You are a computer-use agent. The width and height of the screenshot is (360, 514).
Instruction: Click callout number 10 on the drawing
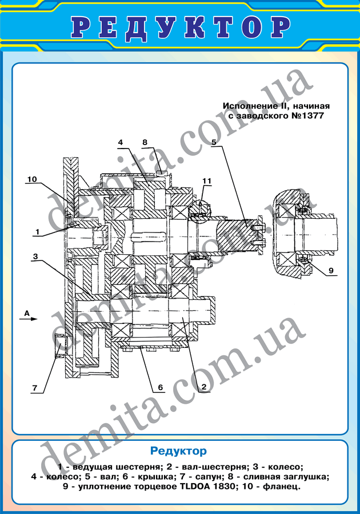point(32,179)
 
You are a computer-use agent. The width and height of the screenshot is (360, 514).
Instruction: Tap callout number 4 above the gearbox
point(121,142)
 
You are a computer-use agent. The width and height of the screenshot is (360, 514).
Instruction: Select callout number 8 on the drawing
point(145,142)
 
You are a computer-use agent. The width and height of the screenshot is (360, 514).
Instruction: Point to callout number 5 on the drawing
point(214,142)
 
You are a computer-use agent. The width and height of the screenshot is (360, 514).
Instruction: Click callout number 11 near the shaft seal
point(207,181)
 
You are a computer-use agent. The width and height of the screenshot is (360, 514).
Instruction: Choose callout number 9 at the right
point(331,270)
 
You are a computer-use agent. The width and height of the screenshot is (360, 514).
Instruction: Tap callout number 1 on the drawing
point(37,232)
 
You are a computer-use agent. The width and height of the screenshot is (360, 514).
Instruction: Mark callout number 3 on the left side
point(36,256)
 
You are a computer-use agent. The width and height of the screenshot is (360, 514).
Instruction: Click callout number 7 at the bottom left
point(35,388)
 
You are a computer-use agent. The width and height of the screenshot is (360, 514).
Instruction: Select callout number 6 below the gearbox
point(161,387)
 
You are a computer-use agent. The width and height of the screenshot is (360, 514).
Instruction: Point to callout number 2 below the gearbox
point(203,387)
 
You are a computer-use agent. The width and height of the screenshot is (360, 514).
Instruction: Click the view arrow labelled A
point(31,319)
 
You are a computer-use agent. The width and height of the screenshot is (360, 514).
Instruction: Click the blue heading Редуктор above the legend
point(178,451)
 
